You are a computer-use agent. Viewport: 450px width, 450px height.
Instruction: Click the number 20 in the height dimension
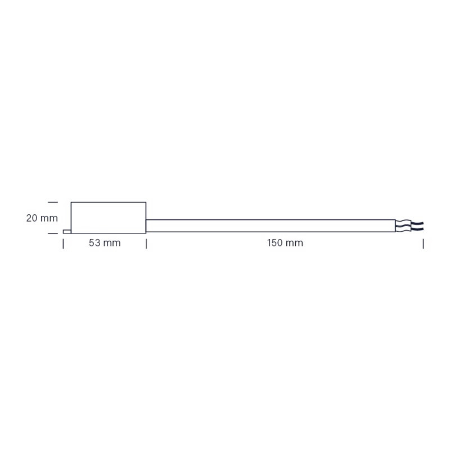(32, 218)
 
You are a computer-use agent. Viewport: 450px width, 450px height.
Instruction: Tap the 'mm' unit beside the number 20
(49, 218)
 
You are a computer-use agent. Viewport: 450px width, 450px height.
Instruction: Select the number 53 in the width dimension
(95, 243)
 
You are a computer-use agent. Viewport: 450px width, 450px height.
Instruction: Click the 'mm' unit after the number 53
(112, 243)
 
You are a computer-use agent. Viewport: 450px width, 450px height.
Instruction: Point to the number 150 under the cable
(275, 243)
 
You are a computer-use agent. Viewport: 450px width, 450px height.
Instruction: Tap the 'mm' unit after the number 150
(295, 243)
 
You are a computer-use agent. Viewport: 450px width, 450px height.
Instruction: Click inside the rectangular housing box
(108, 217)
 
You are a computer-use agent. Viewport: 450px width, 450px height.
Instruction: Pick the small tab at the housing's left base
(67, 232)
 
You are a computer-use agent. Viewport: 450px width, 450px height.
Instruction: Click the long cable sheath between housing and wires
(270, 226)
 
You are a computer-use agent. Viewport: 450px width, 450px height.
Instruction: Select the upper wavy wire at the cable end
(409, 223)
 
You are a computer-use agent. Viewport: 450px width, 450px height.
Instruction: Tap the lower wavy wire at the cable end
(409, 229)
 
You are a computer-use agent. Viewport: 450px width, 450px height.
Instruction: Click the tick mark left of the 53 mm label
(63, 244)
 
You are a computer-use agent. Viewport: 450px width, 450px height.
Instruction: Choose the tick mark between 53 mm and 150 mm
(146, 244)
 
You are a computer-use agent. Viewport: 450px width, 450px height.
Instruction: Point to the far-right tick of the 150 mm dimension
(423, 244)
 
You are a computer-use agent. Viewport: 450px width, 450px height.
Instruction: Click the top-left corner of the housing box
(71, 202)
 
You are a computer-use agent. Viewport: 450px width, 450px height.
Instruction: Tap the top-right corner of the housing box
(146, 202)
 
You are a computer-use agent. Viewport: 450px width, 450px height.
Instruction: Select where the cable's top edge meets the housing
(146, 220)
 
